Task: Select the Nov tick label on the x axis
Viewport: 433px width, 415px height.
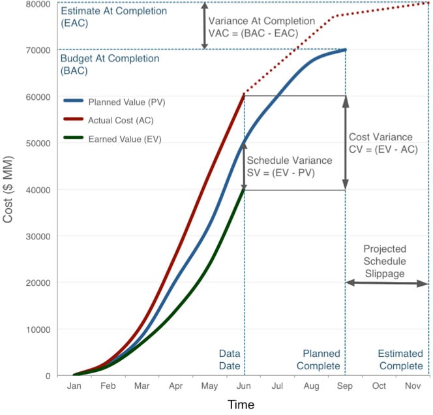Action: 413,386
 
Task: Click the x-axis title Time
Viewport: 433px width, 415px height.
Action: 241,405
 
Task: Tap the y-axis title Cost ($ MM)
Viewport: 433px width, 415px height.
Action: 8,189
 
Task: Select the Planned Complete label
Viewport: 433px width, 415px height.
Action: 318,360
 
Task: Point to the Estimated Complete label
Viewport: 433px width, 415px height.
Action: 400,360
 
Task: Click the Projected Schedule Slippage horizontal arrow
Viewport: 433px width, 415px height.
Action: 387,283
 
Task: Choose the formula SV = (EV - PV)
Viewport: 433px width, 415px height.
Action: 290,172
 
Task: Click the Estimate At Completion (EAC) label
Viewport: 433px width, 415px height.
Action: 104,17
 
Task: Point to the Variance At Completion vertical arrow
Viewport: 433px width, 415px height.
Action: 205,26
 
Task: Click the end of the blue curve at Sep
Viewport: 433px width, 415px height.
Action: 344,50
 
